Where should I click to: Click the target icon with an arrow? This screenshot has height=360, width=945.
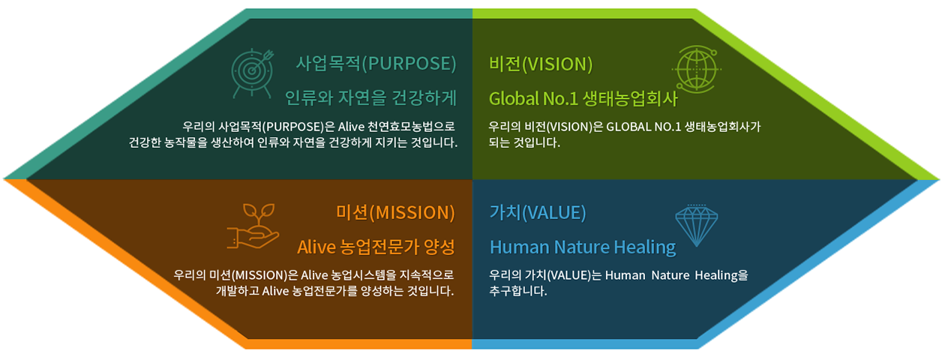click(252, 73)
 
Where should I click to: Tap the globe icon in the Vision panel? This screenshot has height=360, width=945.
click(696, 69)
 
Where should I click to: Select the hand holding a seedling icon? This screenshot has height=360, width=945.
click(253, 226)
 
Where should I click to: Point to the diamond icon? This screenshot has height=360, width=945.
click(697, 225)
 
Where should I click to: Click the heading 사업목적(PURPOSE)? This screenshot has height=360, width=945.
click(376, 64)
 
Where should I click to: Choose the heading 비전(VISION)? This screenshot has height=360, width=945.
click(541, 64)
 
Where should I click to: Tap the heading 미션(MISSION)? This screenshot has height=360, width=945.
click(395, 212)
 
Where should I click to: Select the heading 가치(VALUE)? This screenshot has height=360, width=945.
click(538, 212)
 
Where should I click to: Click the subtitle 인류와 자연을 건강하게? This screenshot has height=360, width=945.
click(370, 98)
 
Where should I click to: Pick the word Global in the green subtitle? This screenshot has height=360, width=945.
click(514, 99)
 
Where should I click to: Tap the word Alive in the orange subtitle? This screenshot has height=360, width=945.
click(316, 247)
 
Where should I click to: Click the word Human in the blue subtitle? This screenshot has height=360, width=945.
click(520, 247)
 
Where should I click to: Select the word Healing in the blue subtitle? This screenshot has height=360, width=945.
click(645, 247)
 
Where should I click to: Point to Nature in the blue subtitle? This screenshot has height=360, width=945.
click(581, 247)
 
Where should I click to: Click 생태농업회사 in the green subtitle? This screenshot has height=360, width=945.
click(630, 99)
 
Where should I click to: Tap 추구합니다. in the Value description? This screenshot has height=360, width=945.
click(518, 291)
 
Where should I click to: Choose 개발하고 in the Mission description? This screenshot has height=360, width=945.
click(237, 291)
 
